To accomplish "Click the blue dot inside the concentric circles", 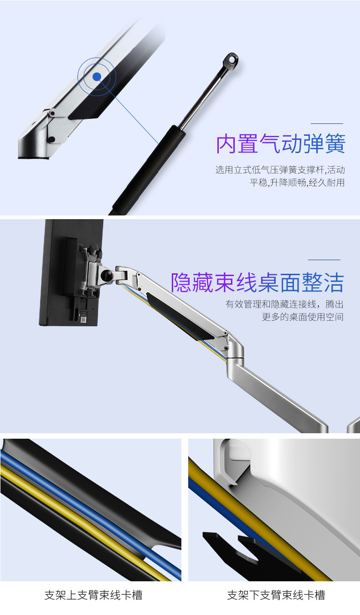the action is click(x=97, y=77).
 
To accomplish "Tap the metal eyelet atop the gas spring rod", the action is click(x=231, y=61).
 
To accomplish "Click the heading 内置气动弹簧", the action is click(x=281, y=143).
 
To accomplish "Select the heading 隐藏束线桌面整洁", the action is click(x=257, y=282).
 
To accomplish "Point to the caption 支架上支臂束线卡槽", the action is click(x=93, y=595).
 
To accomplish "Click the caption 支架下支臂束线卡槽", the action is click(x=276, y=595).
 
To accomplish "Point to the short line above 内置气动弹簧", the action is click(x=327, y=123).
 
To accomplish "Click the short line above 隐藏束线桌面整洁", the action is click(x=324, y=260).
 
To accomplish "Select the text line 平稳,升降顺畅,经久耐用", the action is click(x=297, y=183).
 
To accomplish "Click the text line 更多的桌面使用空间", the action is click(x=303, y=317).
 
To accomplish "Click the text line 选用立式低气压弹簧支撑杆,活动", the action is click(x=280, y=170).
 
